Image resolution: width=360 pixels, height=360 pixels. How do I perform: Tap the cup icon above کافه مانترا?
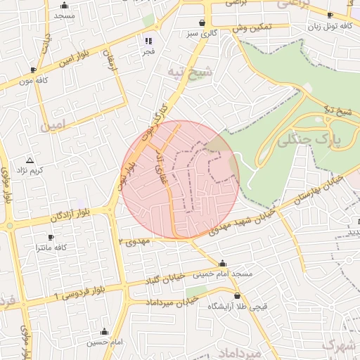[51, 238]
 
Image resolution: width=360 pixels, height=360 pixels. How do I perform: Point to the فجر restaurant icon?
[148, 41]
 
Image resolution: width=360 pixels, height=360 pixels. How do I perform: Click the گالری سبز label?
[202, 32]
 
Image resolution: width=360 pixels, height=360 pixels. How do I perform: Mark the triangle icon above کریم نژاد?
[30, 160]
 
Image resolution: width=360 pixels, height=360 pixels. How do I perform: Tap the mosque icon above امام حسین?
[105, 332]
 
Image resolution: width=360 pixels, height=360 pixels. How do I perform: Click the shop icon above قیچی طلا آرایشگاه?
[237, 296]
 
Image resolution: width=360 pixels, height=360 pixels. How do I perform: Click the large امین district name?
[56, 127]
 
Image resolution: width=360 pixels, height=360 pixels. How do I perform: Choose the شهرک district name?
[337, 345]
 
